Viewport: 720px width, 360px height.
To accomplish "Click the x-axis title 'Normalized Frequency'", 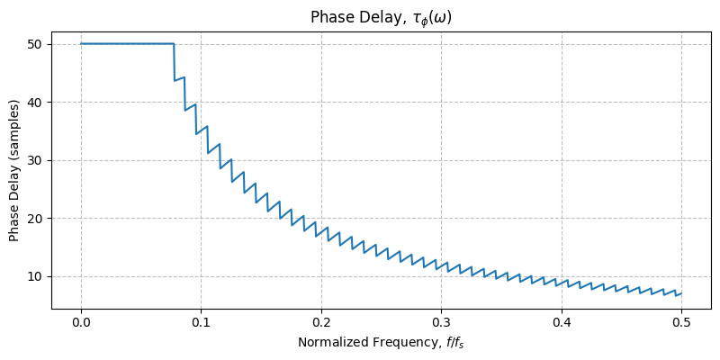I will pyautogui.click(x=381, y=343).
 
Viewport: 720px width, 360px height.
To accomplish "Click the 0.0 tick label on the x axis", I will pyautogui.click(x=81, y=322).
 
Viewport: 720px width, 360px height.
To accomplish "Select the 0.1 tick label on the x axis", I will pyautogui.click(x=202, y=322).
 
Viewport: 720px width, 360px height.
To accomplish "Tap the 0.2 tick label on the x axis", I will pyautogui.click(x=321, y=322).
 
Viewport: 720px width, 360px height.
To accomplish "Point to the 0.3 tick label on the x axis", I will pyautogui.click(x=441, y=322).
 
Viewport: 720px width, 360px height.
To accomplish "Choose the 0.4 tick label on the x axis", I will pyautogui.click(x=562, y=322).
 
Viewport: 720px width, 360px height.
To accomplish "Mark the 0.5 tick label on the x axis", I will pyautogui.click(x=681, y=322).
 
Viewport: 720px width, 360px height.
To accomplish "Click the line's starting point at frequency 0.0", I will pyautogui.click(x=81, y=43).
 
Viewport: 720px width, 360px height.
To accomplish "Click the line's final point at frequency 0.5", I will pyautogui.click(x=681, y=293).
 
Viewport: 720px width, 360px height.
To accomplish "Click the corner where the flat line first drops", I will pyautogui.click(x=174, y=43).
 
